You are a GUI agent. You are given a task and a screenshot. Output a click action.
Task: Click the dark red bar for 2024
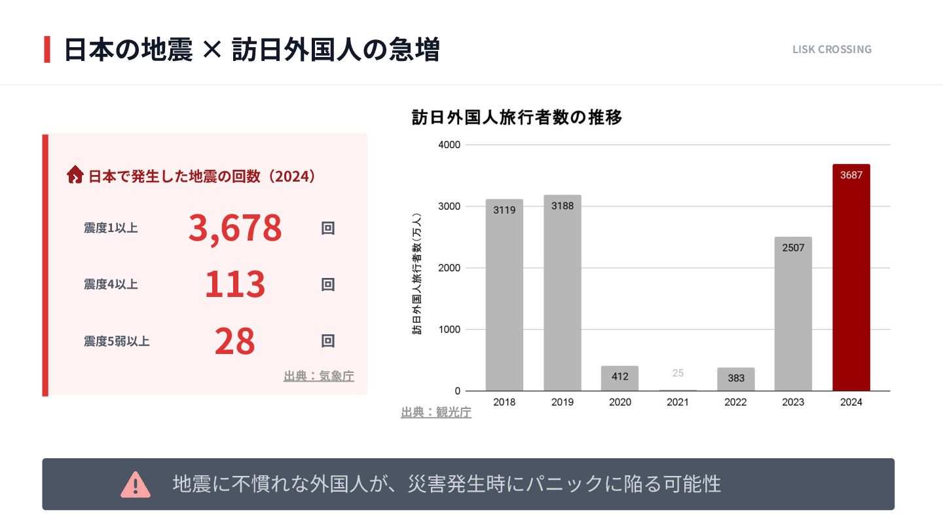851,282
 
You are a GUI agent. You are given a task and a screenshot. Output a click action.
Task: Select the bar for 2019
562,295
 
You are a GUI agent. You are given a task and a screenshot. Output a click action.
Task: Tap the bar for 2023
793,315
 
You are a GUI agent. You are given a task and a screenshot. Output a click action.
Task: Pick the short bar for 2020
619,378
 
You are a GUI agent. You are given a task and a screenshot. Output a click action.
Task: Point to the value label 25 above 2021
678,373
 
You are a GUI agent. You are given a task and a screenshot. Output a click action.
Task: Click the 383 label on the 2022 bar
735,378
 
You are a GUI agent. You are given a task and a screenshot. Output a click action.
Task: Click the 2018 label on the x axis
504,402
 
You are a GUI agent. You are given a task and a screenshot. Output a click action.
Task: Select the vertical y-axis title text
416,274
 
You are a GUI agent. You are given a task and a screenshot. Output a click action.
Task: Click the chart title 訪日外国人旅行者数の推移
517,117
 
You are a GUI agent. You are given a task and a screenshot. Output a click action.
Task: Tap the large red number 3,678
235,228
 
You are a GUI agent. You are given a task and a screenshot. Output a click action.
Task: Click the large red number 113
235,285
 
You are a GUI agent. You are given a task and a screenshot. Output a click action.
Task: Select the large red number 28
235,341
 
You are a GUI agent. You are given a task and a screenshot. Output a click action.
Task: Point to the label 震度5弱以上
117,341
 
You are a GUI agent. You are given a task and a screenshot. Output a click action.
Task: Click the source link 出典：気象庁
319,376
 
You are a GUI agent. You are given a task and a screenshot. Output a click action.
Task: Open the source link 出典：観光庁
436,412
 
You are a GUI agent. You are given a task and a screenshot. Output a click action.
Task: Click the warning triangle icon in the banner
136,484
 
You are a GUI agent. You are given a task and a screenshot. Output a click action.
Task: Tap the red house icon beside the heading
75,175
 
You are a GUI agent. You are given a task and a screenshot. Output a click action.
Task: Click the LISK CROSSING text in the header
832,49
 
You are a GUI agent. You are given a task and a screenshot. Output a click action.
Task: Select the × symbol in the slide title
212,50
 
